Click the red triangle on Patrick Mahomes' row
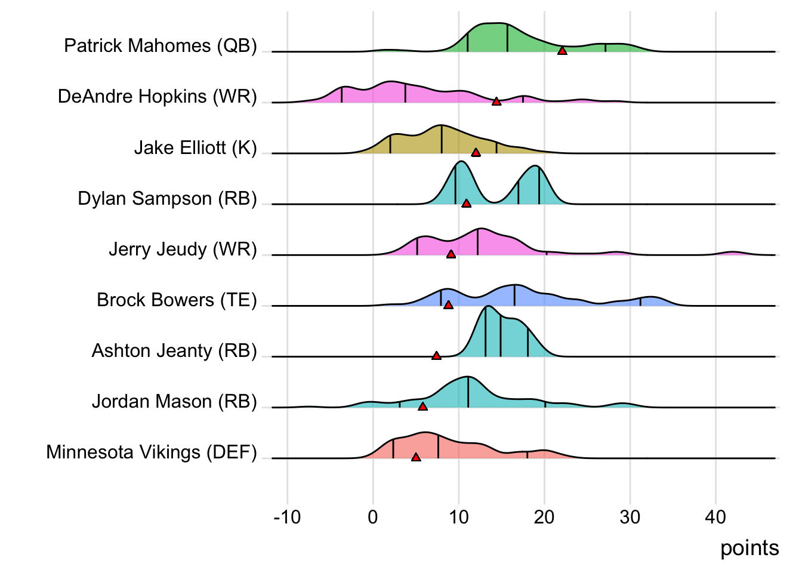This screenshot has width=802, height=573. pyautogui.click(x=562, y=51)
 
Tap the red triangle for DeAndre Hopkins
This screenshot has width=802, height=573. pyautogui.click(x=496, y=101)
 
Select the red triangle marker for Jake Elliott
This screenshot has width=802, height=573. pyautogui.click(x=476, y=152)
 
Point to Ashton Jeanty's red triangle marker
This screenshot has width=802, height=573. pyautogui.click(x=436, y=356)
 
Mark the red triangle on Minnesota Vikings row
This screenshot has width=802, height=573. pyautogui.click(x=416, y=457)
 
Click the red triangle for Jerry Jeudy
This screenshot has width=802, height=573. pyautogui.click(x=451, y=254)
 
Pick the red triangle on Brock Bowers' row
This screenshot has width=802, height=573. pyautogui.click(x=448, y=304)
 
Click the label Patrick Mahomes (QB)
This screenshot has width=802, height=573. pyautogui.click(x=161, y=46)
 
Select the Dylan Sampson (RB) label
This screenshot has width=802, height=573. pyautogui.click(x=167, y=198)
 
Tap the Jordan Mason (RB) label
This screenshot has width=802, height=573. pyautogui.click(x=174, y=401)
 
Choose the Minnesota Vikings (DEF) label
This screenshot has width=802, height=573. pyautogui.click(x=152, y=452)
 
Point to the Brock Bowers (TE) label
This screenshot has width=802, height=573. pyautogui.click(x=177, y=300)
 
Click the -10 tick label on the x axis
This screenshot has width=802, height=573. pyautogui.click(x=287, y=517)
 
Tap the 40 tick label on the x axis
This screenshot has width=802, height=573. pyautogui.click(x=715, y=517)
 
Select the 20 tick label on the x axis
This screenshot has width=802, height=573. pyautogui.click(x=544, y=517)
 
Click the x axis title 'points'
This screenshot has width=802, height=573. pyautogui.click(x=749, y=548)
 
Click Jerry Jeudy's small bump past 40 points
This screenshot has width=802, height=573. pyautogui.click(x=733, y=253)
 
